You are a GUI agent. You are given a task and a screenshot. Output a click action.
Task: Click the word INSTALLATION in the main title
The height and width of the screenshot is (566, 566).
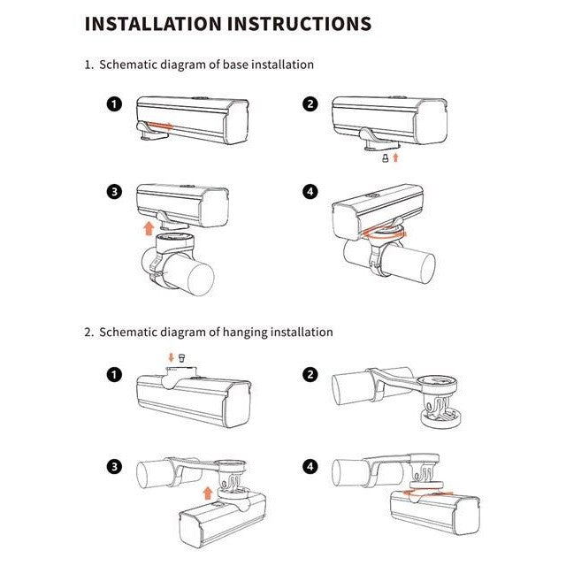pos(153,24)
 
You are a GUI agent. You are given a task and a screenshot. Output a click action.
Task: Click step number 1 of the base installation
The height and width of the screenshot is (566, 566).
pos(114,104)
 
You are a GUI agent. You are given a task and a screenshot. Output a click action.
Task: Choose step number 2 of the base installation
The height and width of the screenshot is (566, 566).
pos(310,104)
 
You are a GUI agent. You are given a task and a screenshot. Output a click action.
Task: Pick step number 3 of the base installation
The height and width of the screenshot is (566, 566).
pos(114,192)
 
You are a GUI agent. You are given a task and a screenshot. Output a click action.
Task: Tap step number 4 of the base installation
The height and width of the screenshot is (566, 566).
pos(310,192)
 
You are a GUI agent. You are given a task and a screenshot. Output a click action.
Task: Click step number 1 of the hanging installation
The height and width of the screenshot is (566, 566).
pos(114,375)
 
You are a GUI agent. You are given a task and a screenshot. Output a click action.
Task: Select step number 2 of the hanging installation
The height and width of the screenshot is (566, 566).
pos(310,375)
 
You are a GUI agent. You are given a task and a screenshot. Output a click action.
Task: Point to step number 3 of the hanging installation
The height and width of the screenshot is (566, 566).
pos(114,467)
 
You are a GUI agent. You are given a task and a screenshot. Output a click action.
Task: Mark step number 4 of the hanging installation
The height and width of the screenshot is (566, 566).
pos(310,467)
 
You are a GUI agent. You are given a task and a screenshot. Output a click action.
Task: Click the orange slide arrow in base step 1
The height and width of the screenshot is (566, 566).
pos(161,126)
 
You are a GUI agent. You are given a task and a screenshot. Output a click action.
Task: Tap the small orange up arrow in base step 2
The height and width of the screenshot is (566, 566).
pos(395,157)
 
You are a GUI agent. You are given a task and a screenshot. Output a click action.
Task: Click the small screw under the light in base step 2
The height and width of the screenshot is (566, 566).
pos(386,157)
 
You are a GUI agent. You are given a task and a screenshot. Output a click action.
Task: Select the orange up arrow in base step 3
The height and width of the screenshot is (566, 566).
pos(149,228)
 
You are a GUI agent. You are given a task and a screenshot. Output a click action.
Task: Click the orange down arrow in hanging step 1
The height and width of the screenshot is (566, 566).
pos(171,357)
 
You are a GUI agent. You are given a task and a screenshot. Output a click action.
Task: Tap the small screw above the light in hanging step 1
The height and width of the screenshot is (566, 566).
pos(182,357)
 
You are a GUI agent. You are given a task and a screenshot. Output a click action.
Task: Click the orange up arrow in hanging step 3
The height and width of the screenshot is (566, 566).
pos(208,493)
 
